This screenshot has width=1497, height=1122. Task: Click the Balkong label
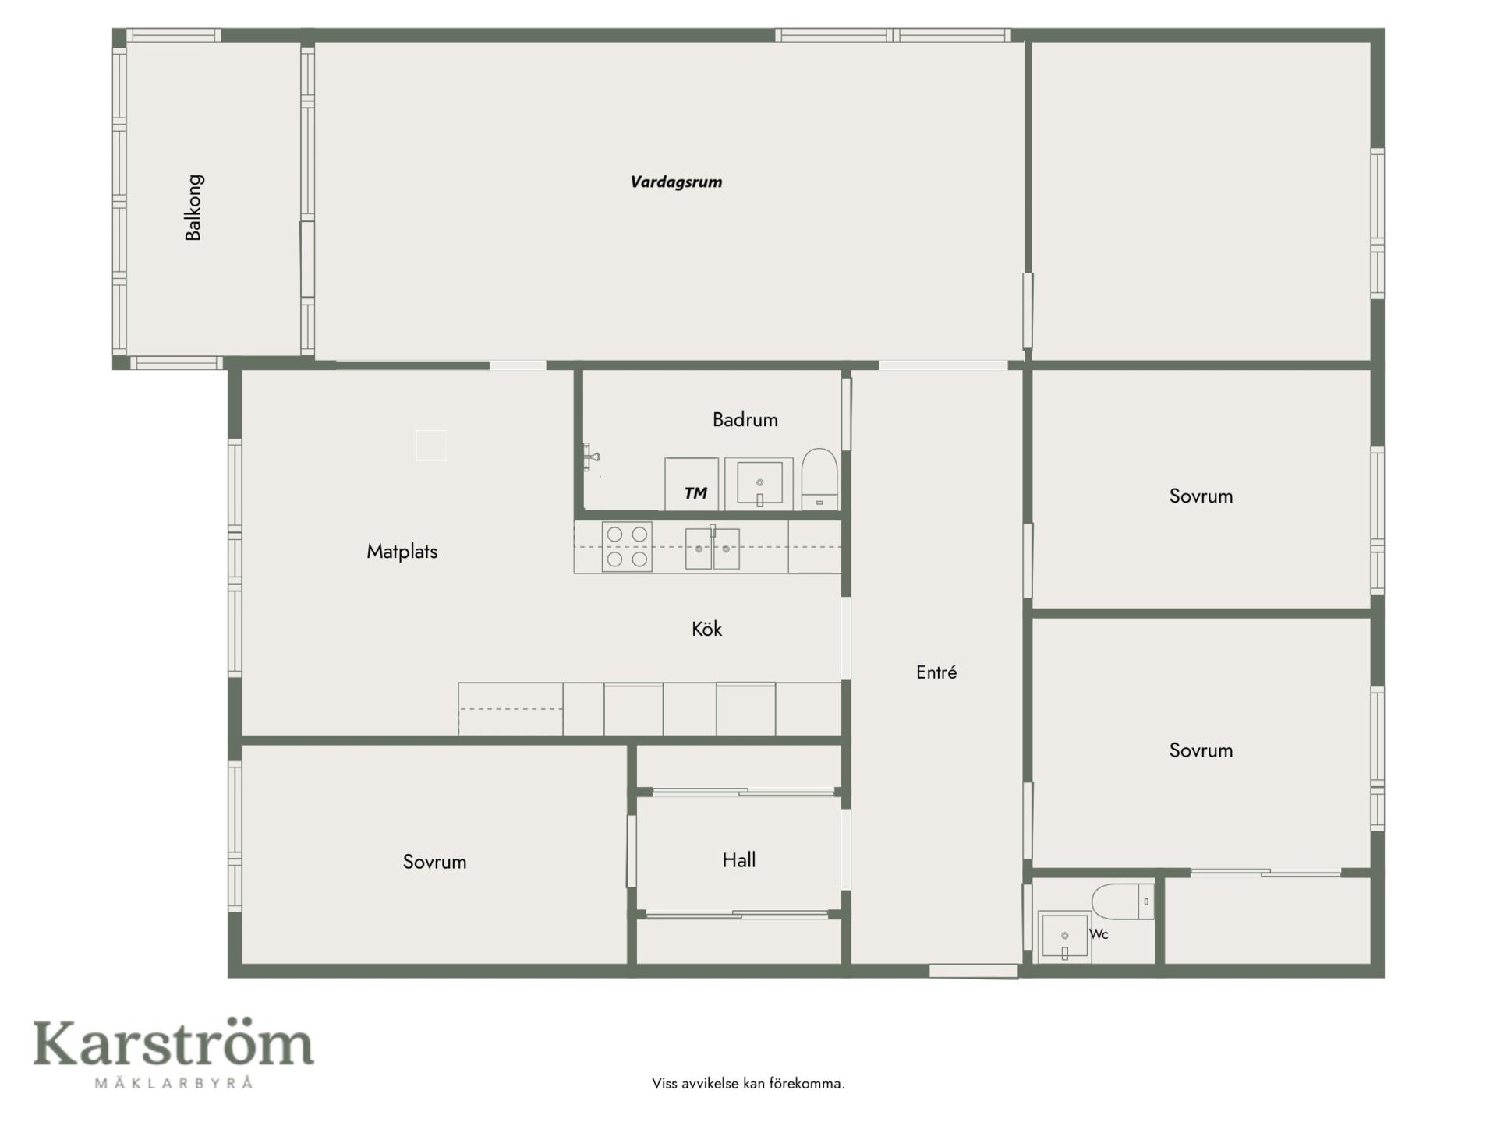[193, 207]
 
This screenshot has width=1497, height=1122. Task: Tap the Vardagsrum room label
[676, 182]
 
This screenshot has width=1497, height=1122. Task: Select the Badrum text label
[745, 420]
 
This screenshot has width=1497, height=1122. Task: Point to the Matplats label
[402, 552]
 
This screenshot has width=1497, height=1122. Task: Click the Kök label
[706, 629]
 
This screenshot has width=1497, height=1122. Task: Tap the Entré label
[936, 672]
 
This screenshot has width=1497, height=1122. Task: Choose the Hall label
[738, 860]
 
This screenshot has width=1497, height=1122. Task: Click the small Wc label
[1099, 934]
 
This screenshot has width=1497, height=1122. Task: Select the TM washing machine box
[692, 484]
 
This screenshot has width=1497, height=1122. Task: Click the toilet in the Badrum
[819, 479]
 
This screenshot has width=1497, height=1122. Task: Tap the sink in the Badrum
[759, 484]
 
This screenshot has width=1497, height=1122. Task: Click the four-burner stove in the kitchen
[627, 547]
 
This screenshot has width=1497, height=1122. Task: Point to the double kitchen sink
[712, 549]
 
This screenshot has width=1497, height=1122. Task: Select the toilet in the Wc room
[1123, 901]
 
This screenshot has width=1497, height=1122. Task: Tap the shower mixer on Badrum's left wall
[591, 457]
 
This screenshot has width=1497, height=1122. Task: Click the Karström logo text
[173, 1043]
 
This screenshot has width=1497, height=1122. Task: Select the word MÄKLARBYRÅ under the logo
[174, 1082]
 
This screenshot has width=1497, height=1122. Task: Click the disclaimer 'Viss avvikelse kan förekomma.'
[748, 1084]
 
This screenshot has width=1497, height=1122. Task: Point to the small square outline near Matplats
[431, 446]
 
